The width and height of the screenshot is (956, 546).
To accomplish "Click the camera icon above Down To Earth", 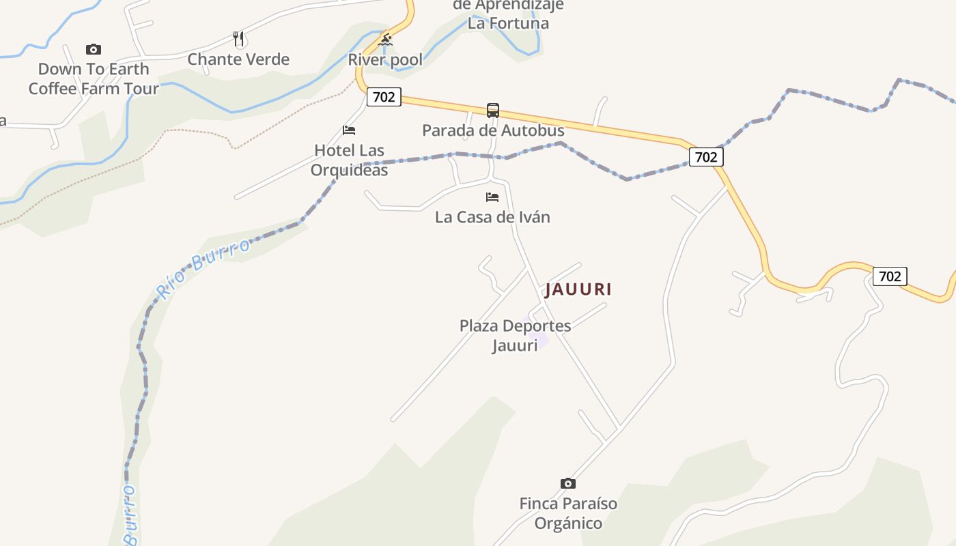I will (x=94, y=49).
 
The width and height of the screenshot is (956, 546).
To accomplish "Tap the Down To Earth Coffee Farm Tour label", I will (x=94, y=78).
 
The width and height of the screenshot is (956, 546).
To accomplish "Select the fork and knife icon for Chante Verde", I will (x=238, y=39).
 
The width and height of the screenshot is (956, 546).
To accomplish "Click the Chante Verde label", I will (x=238, y=59).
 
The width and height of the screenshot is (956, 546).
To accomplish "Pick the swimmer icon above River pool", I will (x=385, y=40).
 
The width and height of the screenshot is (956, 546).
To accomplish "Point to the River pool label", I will (x=385, y=59).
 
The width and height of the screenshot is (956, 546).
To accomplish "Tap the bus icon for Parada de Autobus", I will (x=493, y=110).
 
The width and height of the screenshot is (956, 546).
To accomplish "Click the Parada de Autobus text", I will (x=493, y=130).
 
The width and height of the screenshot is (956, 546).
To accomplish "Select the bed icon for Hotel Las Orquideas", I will (x=349, y=130).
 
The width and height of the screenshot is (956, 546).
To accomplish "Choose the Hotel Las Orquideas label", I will (x=349, y=160).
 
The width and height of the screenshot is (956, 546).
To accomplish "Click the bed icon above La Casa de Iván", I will (x=492, y=197).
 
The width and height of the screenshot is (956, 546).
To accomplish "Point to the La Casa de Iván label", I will (x=492, y=217).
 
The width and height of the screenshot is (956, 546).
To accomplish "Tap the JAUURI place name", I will (x=578, y=289).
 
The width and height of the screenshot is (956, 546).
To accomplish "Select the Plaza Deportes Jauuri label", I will (x=515, y=334).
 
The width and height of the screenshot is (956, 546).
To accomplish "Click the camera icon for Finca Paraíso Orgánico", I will (x=567, y=484).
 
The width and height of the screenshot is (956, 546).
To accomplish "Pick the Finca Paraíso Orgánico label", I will (x=568, y=513).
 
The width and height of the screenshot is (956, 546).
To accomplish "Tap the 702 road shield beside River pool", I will (x=384, y=97).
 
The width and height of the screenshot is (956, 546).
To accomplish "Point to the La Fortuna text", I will (x=508, y=23).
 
